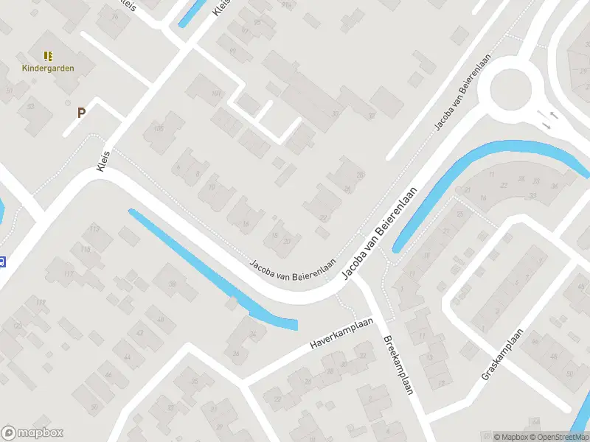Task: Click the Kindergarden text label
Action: pos(47,69)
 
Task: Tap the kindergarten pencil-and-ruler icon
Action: pos(48,56)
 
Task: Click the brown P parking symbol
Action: pos(81,113)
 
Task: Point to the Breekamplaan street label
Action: pos(398,365)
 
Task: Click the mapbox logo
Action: pos(32,433)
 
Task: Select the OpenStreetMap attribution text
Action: pos(560,437)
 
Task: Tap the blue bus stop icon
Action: pos(2,260)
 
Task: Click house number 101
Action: pos(216,94)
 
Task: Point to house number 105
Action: pos(158,129)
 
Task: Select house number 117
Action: pos(69,274)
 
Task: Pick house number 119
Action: pos(41,303)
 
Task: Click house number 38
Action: pos(173,284)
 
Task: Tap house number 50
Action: pos(94,407)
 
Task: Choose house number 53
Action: pos(30,106)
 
